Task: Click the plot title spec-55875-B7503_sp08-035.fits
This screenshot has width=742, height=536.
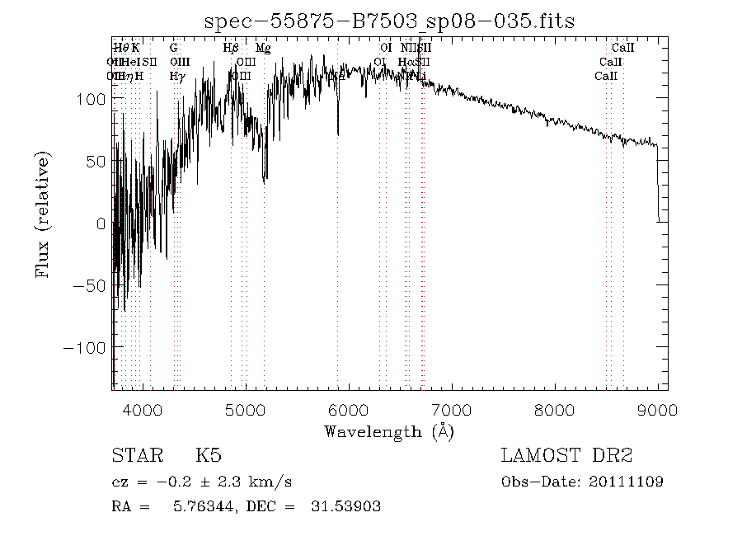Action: (389, 21)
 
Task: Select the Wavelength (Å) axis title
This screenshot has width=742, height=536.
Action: (389, 431)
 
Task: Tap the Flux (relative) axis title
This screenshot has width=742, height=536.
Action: (43, 214)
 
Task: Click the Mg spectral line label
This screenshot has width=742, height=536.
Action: (263, 49)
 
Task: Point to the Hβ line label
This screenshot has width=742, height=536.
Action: (231, 49)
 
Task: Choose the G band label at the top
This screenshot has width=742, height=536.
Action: (174, 49)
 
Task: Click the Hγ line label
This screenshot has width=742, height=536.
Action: (176, 77)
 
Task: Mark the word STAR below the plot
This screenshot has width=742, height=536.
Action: (136, 456)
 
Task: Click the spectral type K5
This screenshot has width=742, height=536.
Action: (208, 456)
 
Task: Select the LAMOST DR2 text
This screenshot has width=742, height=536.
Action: (566, 456)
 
